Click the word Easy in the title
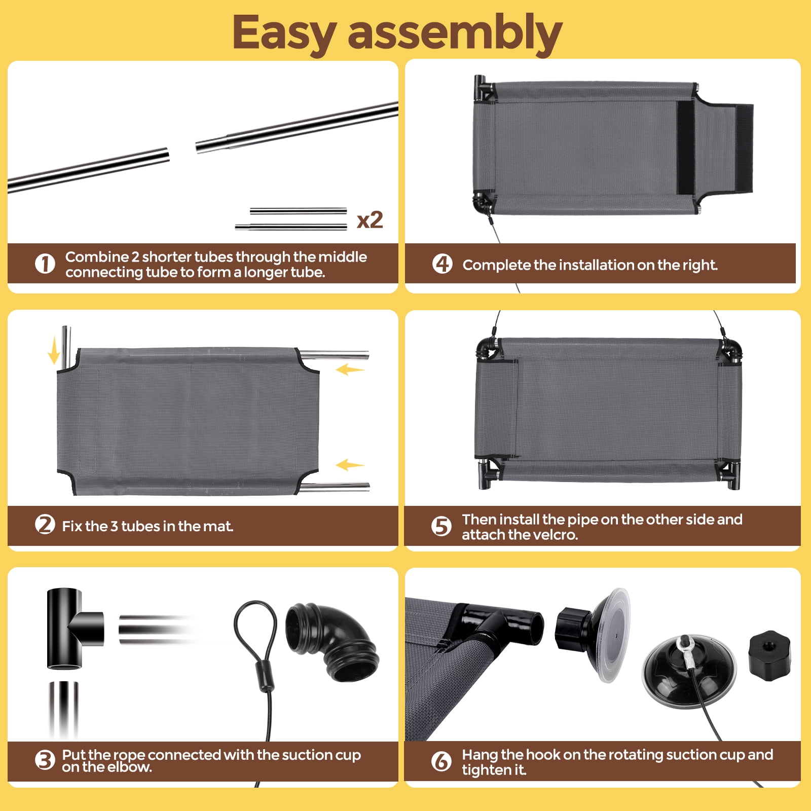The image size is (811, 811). click(284, 33)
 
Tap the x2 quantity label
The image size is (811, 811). click(370, 220)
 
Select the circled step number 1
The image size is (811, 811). click(45, 264)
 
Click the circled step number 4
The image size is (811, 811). click(442, 264)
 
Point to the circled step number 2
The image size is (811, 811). click(45, 525)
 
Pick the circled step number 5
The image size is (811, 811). click(441, 527)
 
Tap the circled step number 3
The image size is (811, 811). click(45, 760)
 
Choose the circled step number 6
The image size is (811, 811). click(441, 761)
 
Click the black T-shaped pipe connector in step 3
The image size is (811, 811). click(71, 629)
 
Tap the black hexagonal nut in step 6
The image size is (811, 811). click(769, 656)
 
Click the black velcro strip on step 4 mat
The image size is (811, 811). click(686, 148)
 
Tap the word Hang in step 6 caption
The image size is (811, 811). click(480, 755)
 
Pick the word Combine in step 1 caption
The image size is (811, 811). click(97, 257)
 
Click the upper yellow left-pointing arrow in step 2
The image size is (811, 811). click(350, 370)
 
